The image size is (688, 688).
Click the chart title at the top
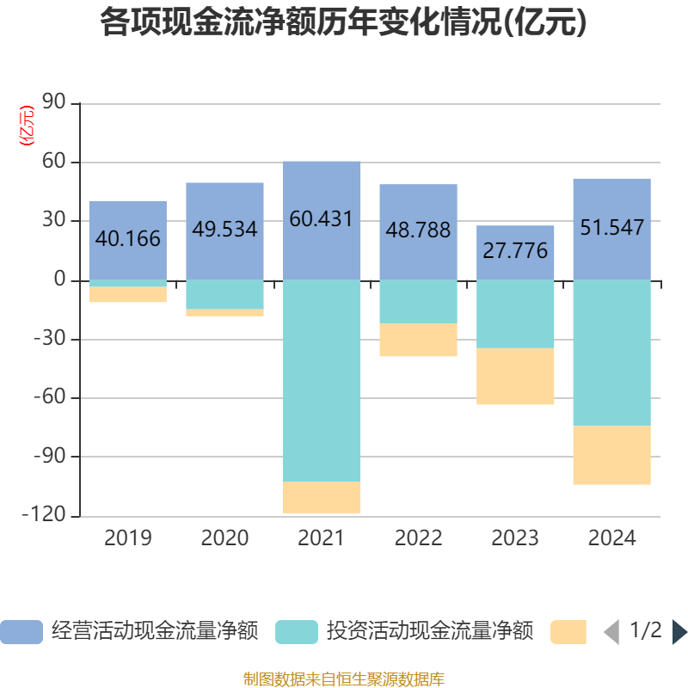343,23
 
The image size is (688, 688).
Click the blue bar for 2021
322,220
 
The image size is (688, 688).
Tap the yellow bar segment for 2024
611,455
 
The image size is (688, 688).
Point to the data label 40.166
127,239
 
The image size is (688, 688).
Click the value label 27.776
515,252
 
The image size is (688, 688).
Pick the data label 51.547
611,229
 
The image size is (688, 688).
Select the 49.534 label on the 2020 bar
224,230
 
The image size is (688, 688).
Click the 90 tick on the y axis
53,103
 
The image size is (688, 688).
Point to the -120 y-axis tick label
47,515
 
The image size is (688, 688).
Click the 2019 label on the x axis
127,538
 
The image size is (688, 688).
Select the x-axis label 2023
515,538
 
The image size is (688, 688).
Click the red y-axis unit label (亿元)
27,125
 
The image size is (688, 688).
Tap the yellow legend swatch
568,631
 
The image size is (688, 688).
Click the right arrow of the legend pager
679,631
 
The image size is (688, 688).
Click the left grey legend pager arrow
611,631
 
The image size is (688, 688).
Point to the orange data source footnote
343,679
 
